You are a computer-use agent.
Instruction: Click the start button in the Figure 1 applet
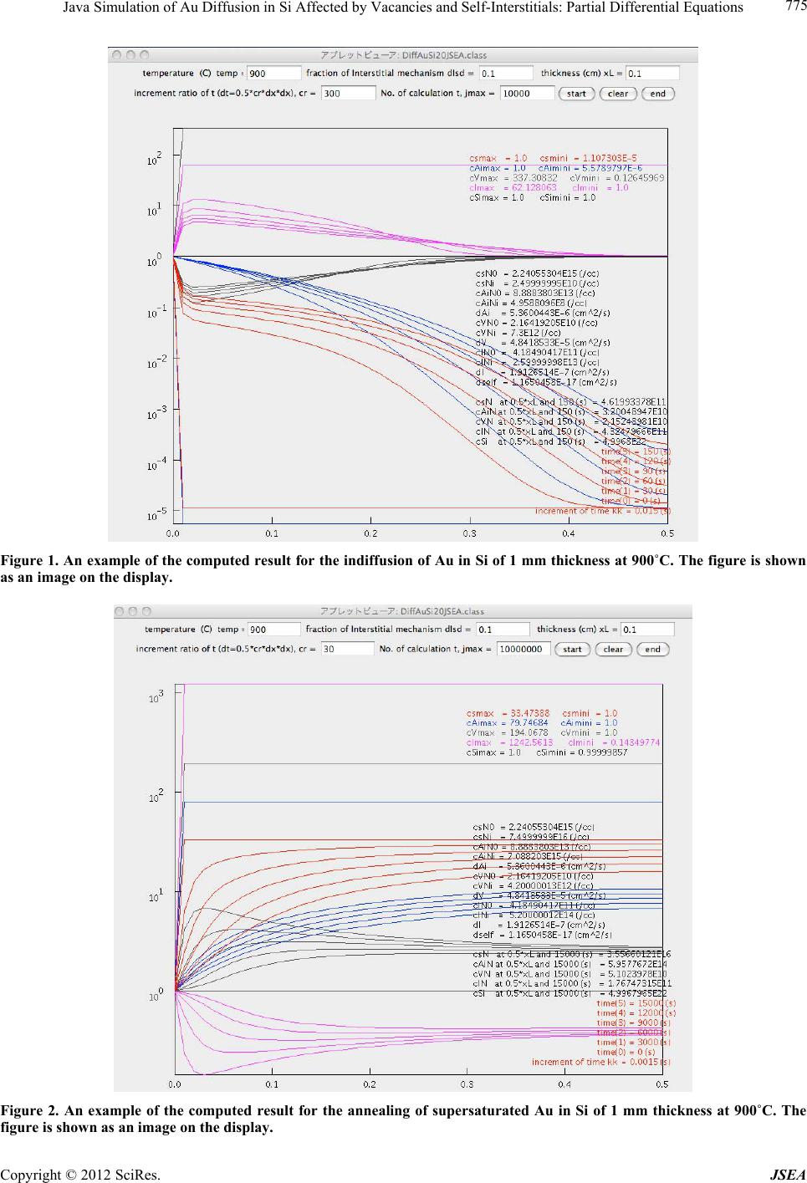click(x=576, y=94)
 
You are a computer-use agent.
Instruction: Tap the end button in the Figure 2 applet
click(x=652, y=649)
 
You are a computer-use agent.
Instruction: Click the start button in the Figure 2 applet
click(x=572, y=649)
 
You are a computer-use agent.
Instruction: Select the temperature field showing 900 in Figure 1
click(x=273, y=74)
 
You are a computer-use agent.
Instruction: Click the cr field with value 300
click(x=347, y=94)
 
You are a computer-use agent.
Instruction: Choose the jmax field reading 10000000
click(x=524, y=649)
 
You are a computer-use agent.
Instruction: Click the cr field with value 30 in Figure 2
click(x=345, y=649)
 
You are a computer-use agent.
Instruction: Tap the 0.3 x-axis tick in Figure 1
click(x=469, y=533)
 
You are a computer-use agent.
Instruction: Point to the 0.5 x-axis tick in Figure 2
click(x=661, y=1084)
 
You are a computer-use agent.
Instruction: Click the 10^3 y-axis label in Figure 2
click(x=156, y=696)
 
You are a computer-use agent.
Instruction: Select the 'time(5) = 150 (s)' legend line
click(x=636, y=451)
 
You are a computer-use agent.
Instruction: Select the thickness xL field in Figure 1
click(x=652, y=74)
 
